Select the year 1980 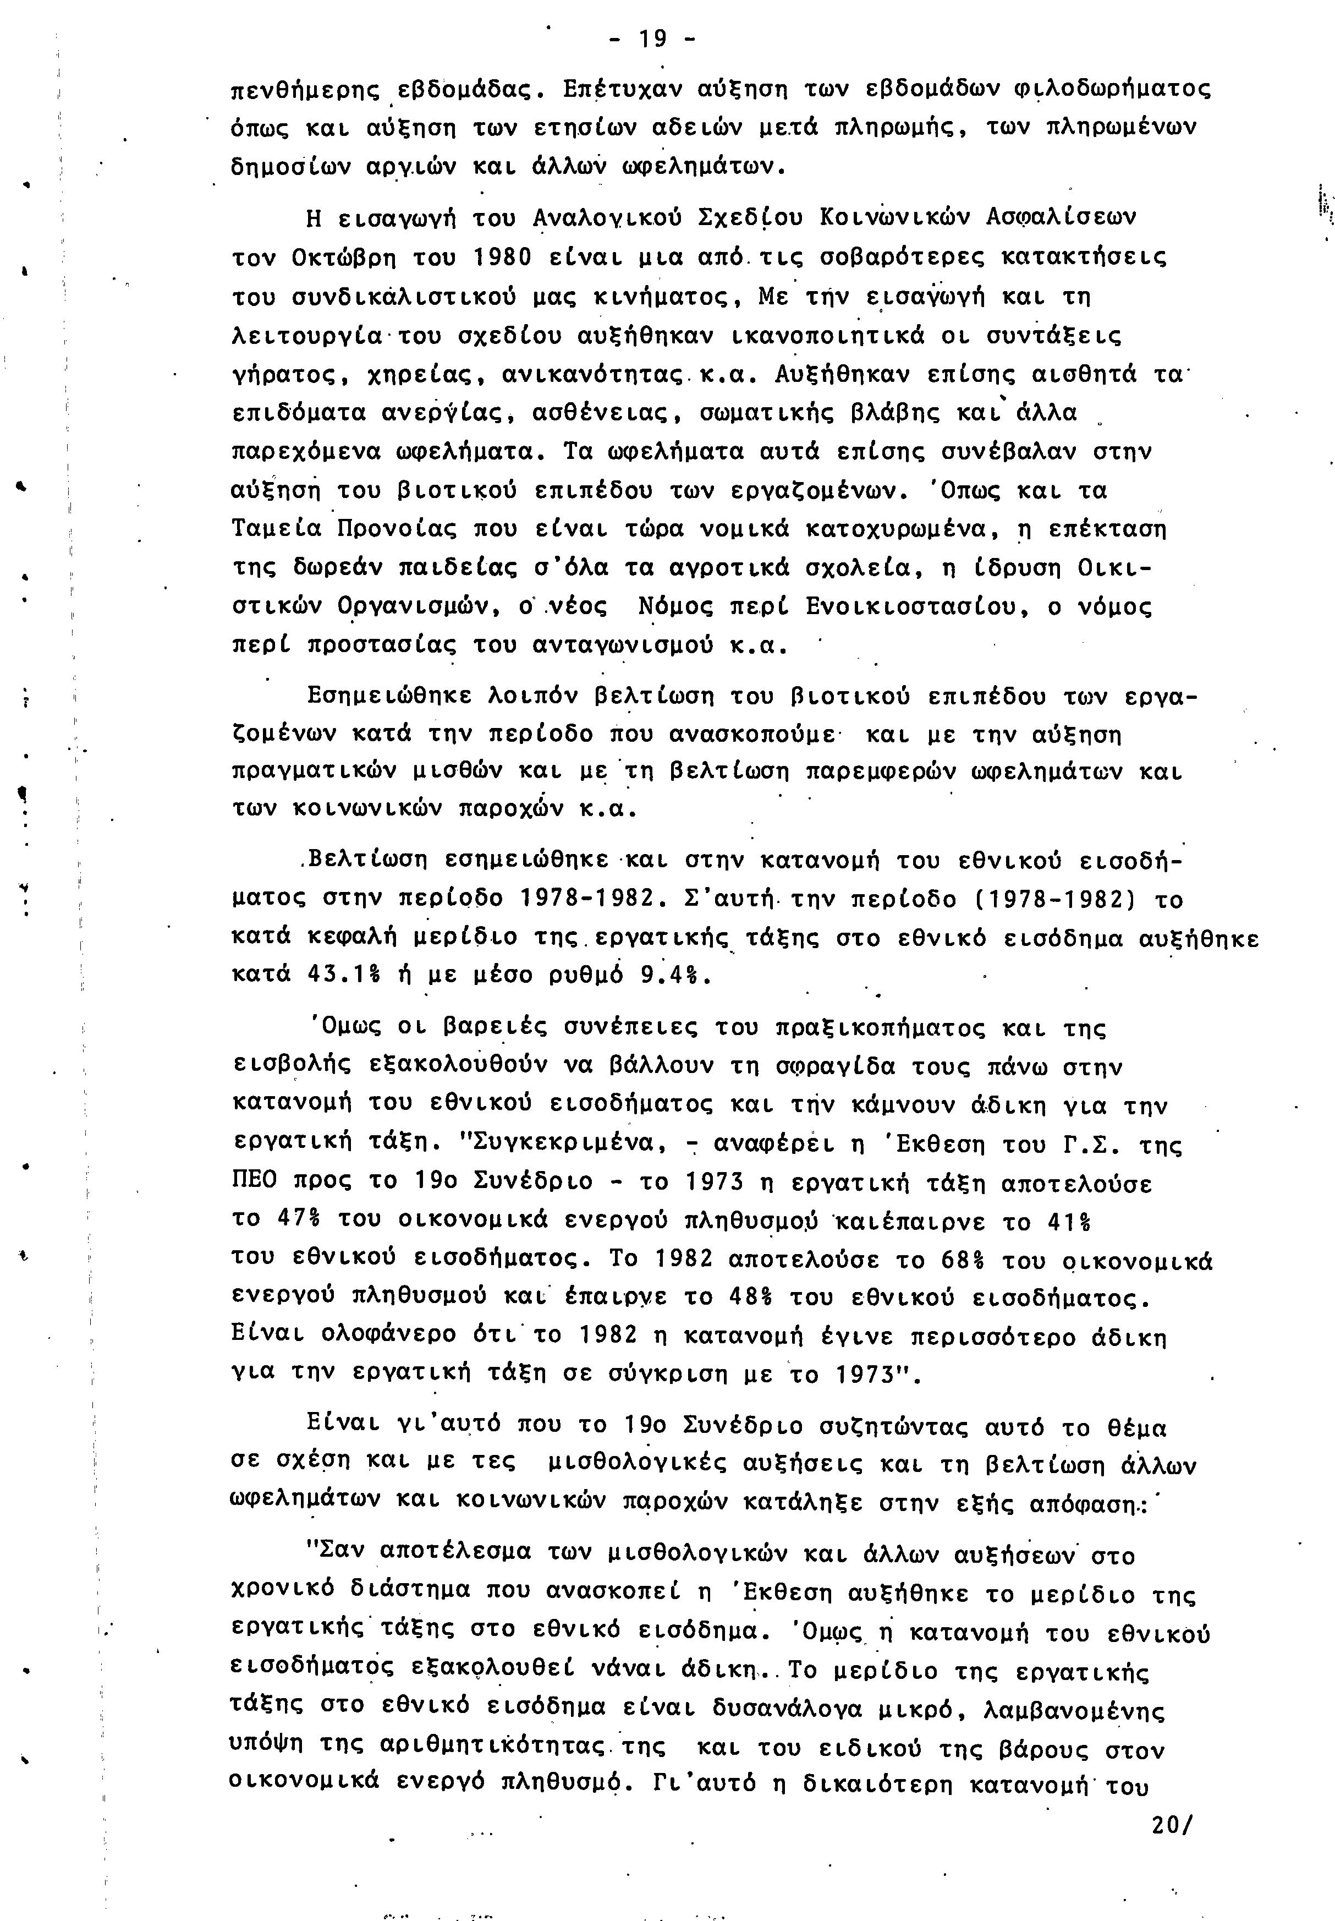499,258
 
